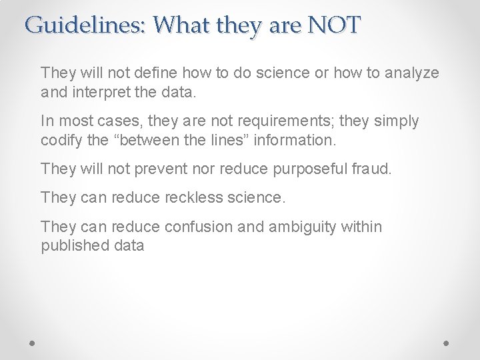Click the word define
coord(147,72)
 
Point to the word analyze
coord(413,72)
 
